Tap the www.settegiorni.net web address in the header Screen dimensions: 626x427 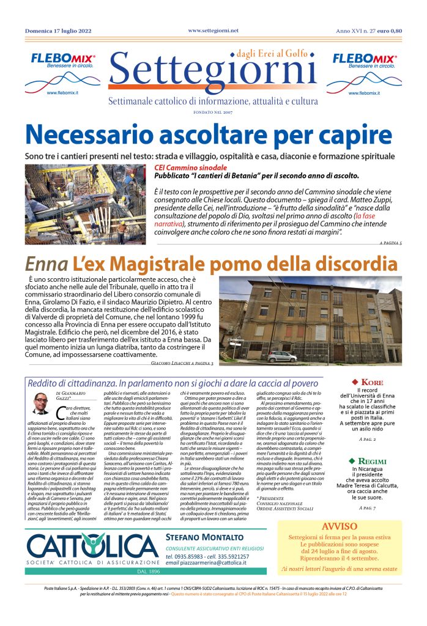click(213, 30)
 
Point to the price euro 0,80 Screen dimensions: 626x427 click(390, 31)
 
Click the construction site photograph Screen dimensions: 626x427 click(86, 204)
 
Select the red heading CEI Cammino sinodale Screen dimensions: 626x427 click(190, 168)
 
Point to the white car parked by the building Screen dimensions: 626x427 click(282, 356)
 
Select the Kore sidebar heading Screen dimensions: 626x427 click(367, 382)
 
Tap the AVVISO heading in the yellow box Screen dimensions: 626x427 click(340, 526)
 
